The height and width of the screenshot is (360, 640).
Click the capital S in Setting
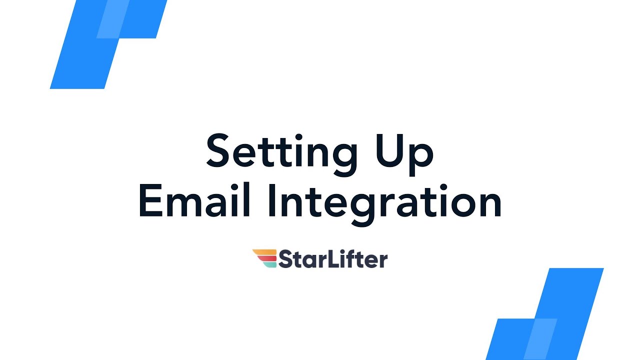point(218,150)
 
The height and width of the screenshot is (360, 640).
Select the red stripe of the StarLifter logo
point(267,258)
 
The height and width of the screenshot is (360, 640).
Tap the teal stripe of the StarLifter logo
point(270,264)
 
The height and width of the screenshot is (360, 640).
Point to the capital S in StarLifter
point(285,259)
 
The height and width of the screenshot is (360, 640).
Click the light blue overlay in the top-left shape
point(112,20)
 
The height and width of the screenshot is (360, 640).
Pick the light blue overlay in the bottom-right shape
point(540,338)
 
